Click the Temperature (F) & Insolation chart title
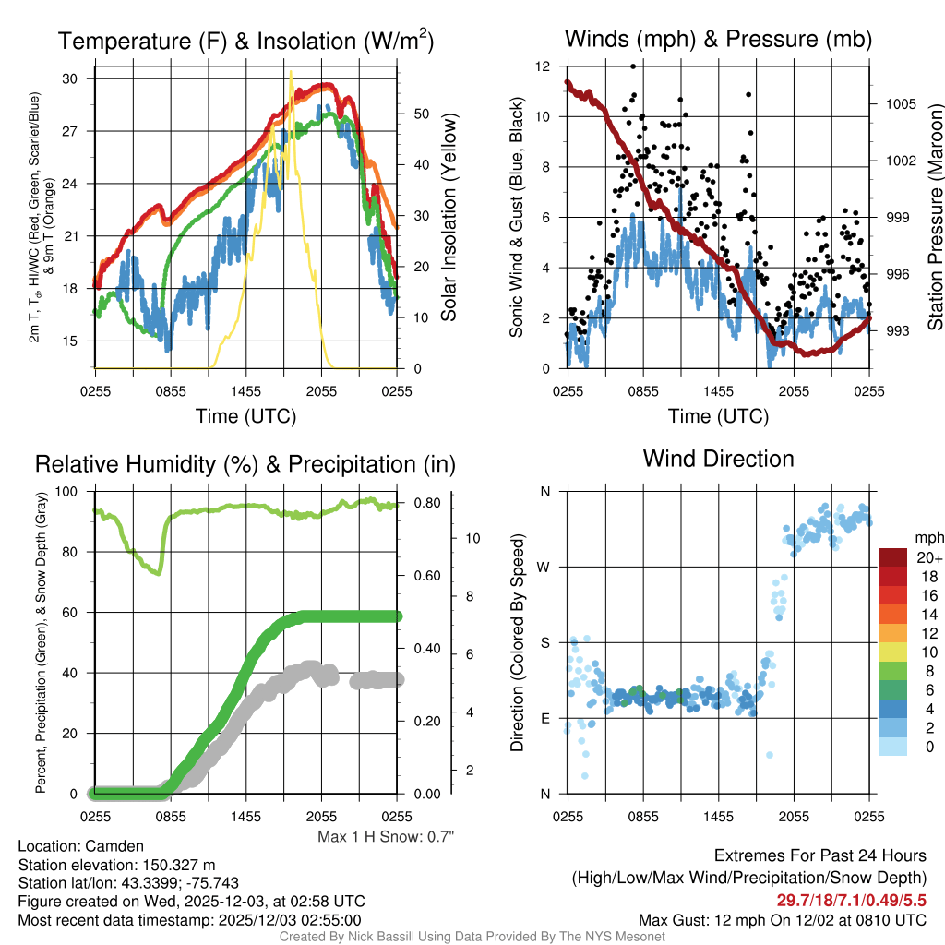(245, 41)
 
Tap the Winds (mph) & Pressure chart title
(718, 39)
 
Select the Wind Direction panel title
(718, 459)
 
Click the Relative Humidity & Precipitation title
(245, 464)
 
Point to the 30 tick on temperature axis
(69, 78)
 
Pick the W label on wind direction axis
(544, 567)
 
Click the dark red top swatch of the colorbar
(894, 557)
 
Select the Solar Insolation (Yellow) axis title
(449, 218)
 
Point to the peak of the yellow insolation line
(291, 71)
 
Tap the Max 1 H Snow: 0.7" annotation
(386, 836)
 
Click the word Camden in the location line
(114, 845)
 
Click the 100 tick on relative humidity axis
(66, 492)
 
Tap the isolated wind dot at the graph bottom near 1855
(770, 755)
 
